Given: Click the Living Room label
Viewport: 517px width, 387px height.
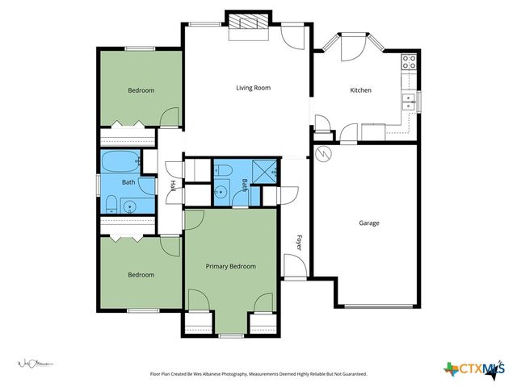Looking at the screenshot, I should point(253,88).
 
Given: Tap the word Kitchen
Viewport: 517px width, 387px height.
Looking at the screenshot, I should point(360,90).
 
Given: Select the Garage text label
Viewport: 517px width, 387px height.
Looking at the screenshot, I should point(369,223).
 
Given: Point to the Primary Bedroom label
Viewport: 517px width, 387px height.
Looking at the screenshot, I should point(230,266).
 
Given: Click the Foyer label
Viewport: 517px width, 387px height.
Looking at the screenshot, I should point(298,243).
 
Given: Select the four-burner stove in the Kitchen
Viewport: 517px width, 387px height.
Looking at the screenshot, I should point(409,60).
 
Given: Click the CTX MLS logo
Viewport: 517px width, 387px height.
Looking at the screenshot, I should point(473,369).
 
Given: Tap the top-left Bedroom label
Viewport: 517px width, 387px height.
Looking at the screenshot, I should point(141,90).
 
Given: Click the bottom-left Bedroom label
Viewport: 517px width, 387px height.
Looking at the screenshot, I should point(141,275).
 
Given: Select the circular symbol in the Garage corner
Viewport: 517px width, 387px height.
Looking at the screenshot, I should point(322,153).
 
